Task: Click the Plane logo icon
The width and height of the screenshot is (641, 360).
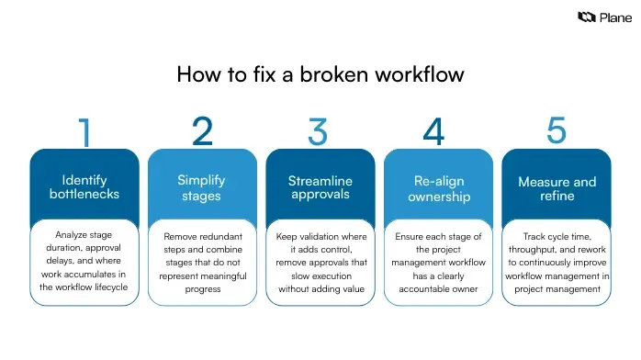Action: (585, 17)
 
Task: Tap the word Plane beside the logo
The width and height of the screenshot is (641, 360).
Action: (614, 17)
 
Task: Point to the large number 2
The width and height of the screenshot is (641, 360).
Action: (202, 131)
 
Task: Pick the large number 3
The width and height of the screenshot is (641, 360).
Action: (318, 132)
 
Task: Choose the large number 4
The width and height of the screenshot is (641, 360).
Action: (433, 132)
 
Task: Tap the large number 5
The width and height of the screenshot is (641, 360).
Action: (557, 129)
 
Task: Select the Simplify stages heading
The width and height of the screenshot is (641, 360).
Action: (201, 187)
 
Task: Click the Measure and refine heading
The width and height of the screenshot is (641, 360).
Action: (557, 187)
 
